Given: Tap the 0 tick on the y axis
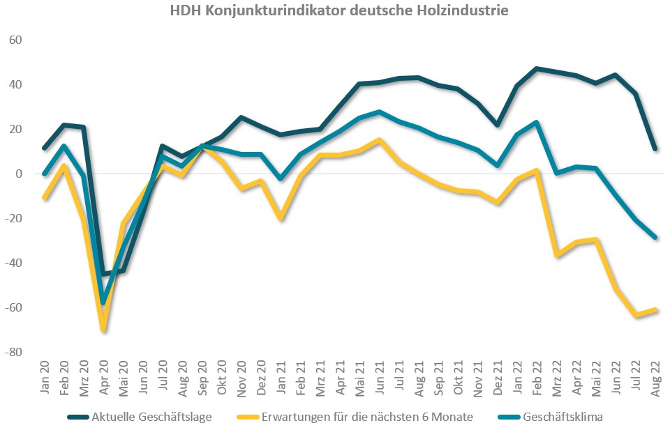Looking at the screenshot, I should coord(20,174).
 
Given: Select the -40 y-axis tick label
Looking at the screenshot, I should coord(14,263).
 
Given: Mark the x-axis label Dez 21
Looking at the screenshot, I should coord(498,378).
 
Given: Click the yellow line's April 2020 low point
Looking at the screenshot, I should coord(104,329).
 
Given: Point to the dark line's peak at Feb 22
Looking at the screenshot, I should coord(537,68).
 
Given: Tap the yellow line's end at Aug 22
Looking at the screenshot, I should coord(655,309).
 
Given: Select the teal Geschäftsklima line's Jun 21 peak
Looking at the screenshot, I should coord(379,112).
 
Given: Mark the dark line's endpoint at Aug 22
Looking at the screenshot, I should coord(655,149).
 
